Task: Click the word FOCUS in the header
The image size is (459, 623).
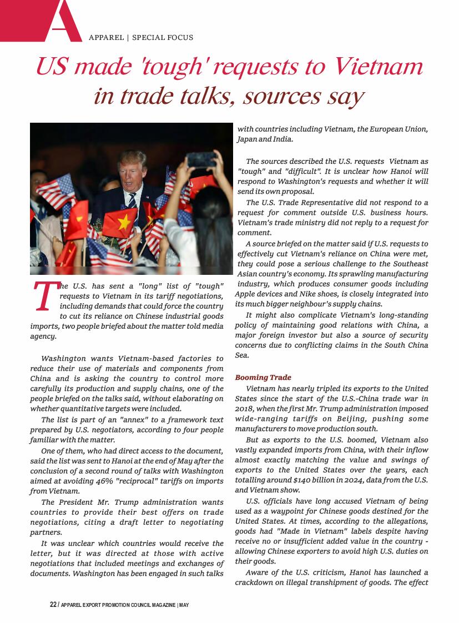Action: coord(179,38)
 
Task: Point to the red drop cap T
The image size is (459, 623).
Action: coord(44,296)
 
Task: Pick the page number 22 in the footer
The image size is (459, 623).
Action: coord(53,605)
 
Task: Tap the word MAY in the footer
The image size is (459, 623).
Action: coord(184,605)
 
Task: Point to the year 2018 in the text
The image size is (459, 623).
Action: coord(244,409)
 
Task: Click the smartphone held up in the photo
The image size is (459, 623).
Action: coord(201,160)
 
